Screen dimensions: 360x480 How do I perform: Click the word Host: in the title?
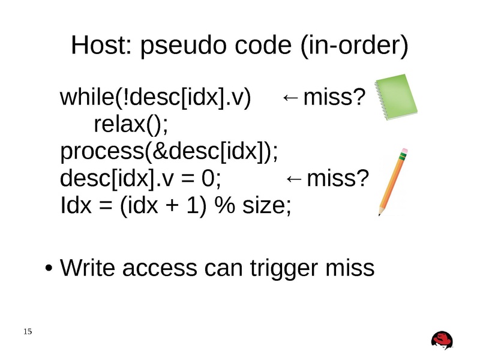[x=101, y=46]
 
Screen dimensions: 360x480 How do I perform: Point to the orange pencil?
[x=392, y=180]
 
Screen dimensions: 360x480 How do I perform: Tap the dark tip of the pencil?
[x=380, y=212]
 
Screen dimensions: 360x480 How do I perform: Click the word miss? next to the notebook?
[x=333, y=97]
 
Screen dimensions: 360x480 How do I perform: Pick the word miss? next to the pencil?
[x=337, y=179]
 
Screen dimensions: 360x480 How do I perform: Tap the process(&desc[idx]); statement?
[x=170, y=152]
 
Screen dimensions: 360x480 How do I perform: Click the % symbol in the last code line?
[x=226, y=206]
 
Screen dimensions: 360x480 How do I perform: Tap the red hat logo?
[x=442, y=340]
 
